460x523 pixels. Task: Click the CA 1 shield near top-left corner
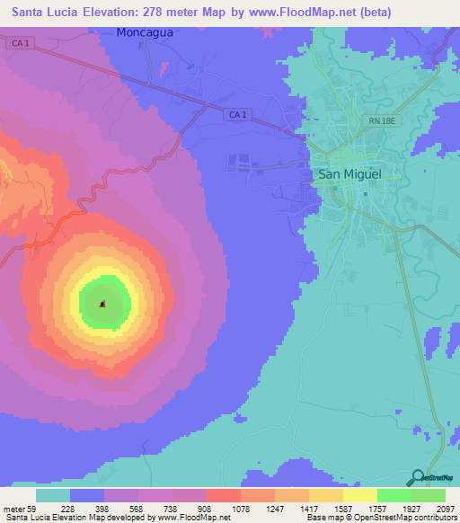(x=24, y=43)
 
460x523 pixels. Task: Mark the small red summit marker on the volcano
(x=103, y=304)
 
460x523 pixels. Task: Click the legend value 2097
(x=443, y=509)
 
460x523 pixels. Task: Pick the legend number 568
(x=137, y=509)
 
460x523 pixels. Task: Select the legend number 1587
(x=341, y=509)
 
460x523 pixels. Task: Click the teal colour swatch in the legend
(x=53, y=495)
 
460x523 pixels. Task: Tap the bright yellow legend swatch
(x=359, y=495)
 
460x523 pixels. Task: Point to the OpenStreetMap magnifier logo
(x=416, y=477)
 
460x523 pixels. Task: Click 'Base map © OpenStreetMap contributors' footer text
(x=381, y=519)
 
